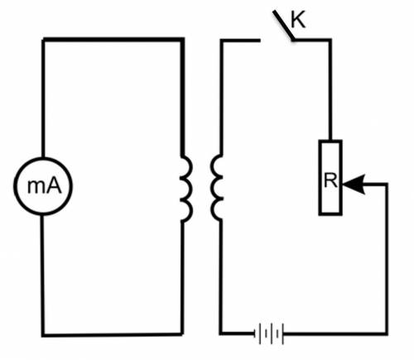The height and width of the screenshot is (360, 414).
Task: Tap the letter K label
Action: [x=298, y=20]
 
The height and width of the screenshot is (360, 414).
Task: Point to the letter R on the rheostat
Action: [x=330, y=180]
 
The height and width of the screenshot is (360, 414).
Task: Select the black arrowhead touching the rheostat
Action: [x=354, y=185]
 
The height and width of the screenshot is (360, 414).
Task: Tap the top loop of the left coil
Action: [x=190, y=166]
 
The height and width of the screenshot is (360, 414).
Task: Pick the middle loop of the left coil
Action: [x=190, y=188]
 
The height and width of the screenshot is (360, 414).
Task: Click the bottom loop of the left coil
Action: [x=190, y=209]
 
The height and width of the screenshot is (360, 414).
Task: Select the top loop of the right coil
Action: [x=213, y=165]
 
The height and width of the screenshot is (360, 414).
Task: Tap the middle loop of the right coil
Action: [x=213, y=187]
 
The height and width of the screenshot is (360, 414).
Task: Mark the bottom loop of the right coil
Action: [x=213, y=209]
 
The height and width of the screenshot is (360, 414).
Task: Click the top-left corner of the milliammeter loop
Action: [x=43, y=41]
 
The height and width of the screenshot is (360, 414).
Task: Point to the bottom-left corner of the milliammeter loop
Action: [x=43, y=335]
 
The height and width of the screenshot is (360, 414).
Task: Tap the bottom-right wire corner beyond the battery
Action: [x=387, y=334]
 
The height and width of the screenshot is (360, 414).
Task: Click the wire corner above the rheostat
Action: [x=330, y=41]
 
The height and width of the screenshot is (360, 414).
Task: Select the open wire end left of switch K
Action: [x=259, y=41]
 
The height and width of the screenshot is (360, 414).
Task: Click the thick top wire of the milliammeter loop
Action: [x=113, y=40]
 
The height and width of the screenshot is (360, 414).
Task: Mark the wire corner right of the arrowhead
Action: [x=387, y=184]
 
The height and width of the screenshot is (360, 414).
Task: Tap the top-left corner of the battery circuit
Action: [x=221, y=41]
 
